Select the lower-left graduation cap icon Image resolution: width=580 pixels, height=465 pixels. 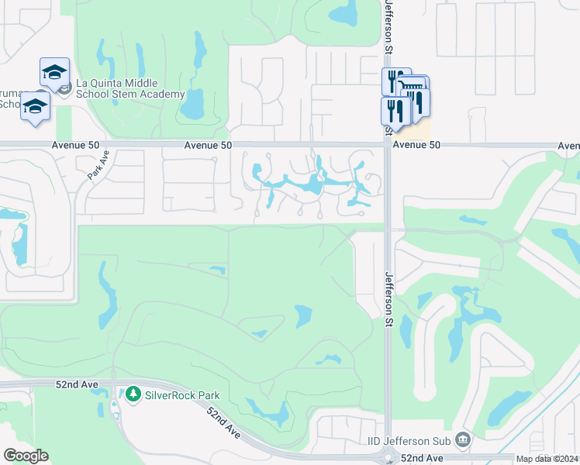pos(35,105)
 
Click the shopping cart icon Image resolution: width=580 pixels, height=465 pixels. pos(414,88)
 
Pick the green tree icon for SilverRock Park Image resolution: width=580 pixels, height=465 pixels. pos(133,395)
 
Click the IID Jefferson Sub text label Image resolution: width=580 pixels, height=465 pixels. pos(409,441)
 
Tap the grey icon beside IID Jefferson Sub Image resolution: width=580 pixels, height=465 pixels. pos(463,440)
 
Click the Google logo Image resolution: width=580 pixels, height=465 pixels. pos(26,456)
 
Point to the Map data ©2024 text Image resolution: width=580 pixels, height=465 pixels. pos(547,459)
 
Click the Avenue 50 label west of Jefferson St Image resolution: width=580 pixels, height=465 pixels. pos(208,145)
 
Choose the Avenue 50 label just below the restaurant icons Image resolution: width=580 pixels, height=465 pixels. pos(416,145)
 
